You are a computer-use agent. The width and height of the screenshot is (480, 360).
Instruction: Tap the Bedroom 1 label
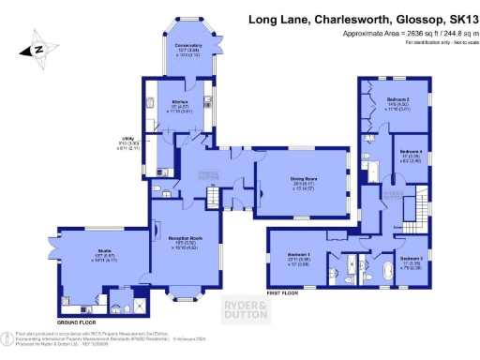point(297,256)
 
